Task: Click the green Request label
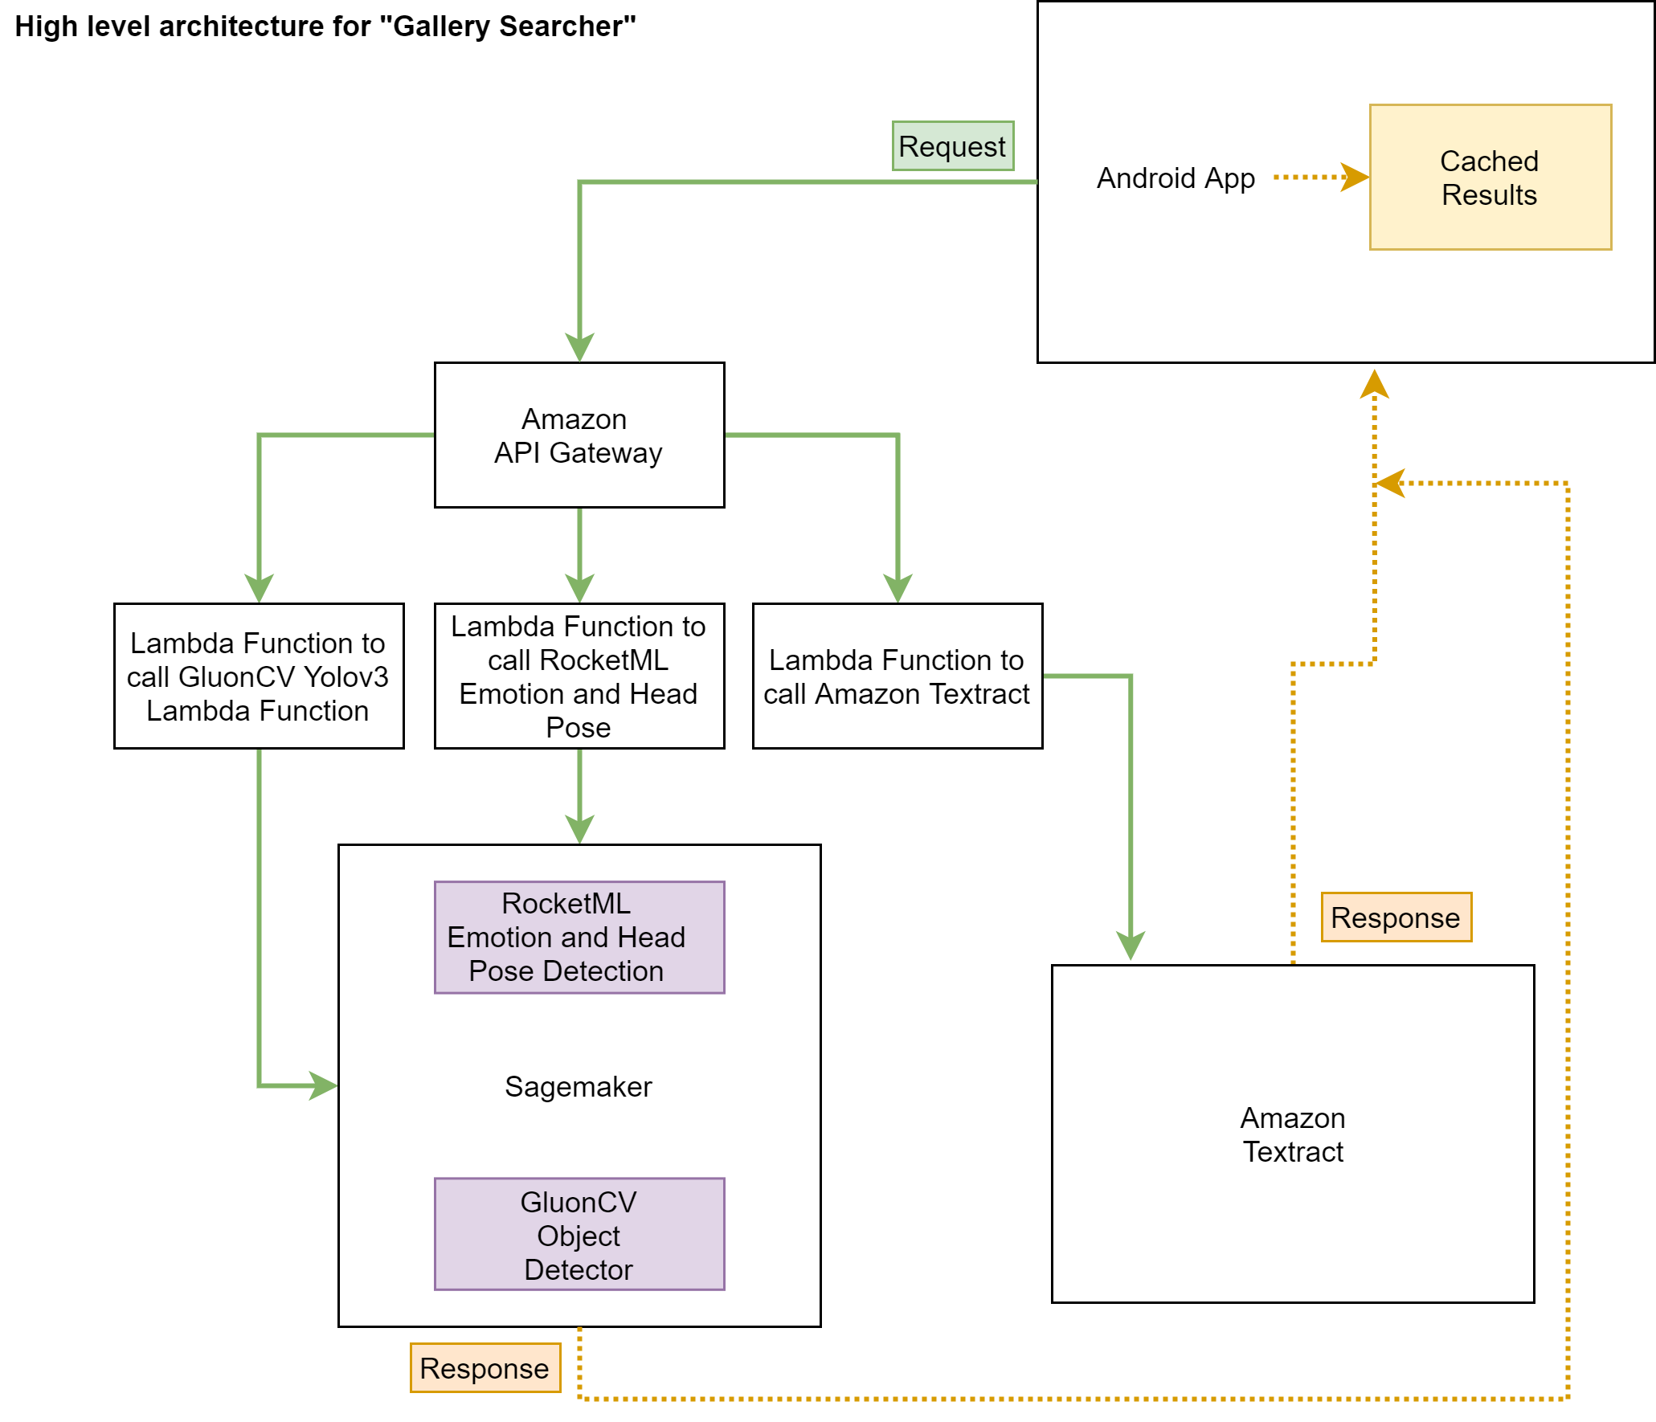tap(953, 146)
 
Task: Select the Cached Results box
tap(1490, 177)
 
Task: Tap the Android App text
tap(1176, 178)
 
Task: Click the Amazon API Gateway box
tap(579, 435)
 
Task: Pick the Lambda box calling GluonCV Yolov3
tap(259, 676)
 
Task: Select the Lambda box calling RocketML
tap(579, 676)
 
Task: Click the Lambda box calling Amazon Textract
tap(898, 676)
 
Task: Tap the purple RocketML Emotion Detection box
tap(579, 938)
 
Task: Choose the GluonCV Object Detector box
tap(579, 1234)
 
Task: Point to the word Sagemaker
tap(579, 1086)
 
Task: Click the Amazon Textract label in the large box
tap(1293, 1134)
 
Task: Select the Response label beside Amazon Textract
tap(1396, 917)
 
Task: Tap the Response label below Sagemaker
tap(485, 1367)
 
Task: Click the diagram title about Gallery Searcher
tap(325, 27)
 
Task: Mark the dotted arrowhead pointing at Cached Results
tap(1355, 178)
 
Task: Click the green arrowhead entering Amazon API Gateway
tap(579, 348)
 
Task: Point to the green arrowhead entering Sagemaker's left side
tap(323, 1085)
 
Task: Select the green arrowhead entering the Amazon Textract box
tap(1131, 946)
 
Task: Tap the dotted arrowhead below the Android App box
tap(1375, 384)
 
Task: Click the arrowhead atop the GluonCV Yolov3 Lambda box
tap(259, 588)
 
